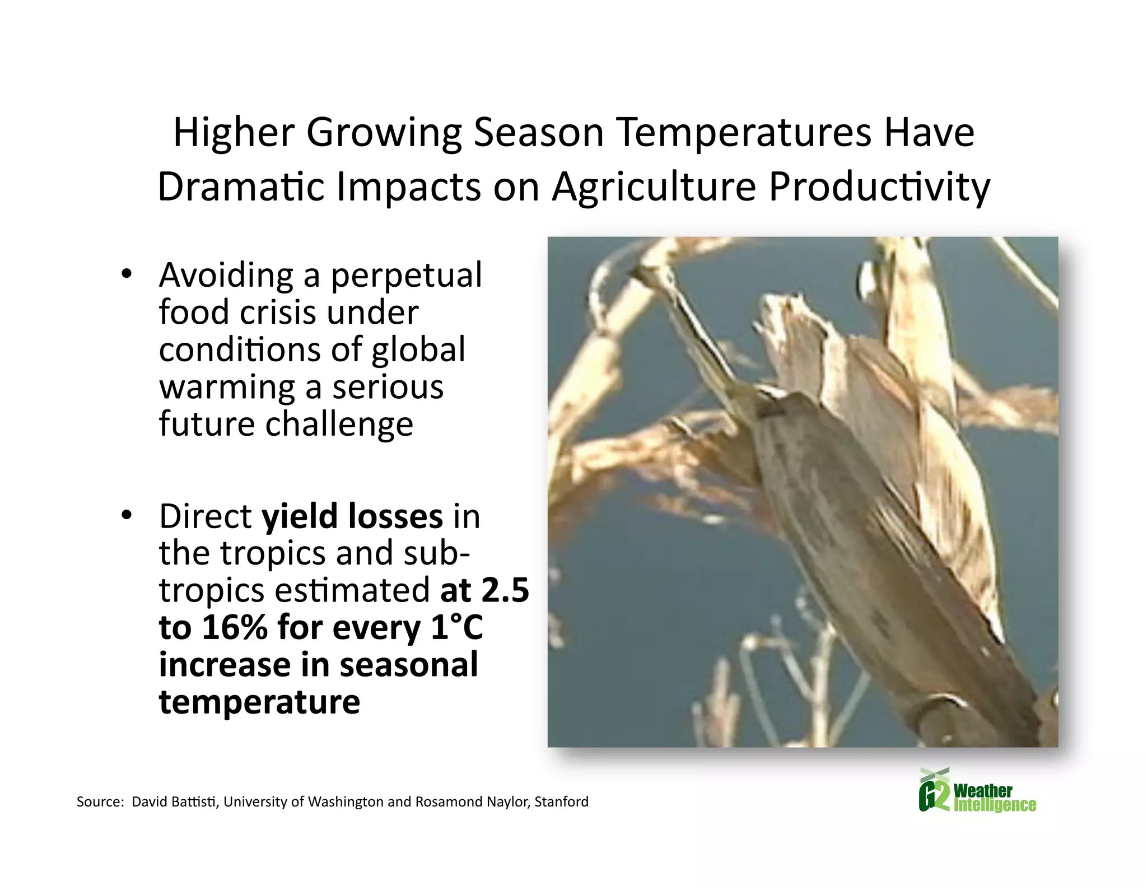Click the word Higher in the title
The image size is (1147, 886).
point(234,133)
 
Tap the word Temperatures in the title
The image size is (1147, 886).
point(745,133)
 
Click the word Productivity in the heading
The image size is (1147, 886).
point(879,187)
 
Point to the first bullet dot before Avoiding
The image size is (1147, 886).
point(126,274)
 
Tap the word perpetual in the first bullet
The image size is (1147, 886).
point(406,276)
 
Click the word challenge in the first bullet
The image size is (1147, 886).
point(339,424)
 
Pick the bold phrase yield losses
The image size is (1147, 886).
point(352,516)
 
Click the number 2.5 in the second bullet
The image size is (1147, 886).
point(505,590)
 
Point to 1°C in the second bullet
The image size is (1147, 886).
point(456,627)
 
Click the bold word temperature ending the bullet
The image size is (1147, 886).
point(259,702)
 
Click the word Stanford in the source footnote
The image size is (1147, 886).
point(561,802)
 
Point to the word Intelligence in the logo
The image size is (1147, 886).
point(994,805)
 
